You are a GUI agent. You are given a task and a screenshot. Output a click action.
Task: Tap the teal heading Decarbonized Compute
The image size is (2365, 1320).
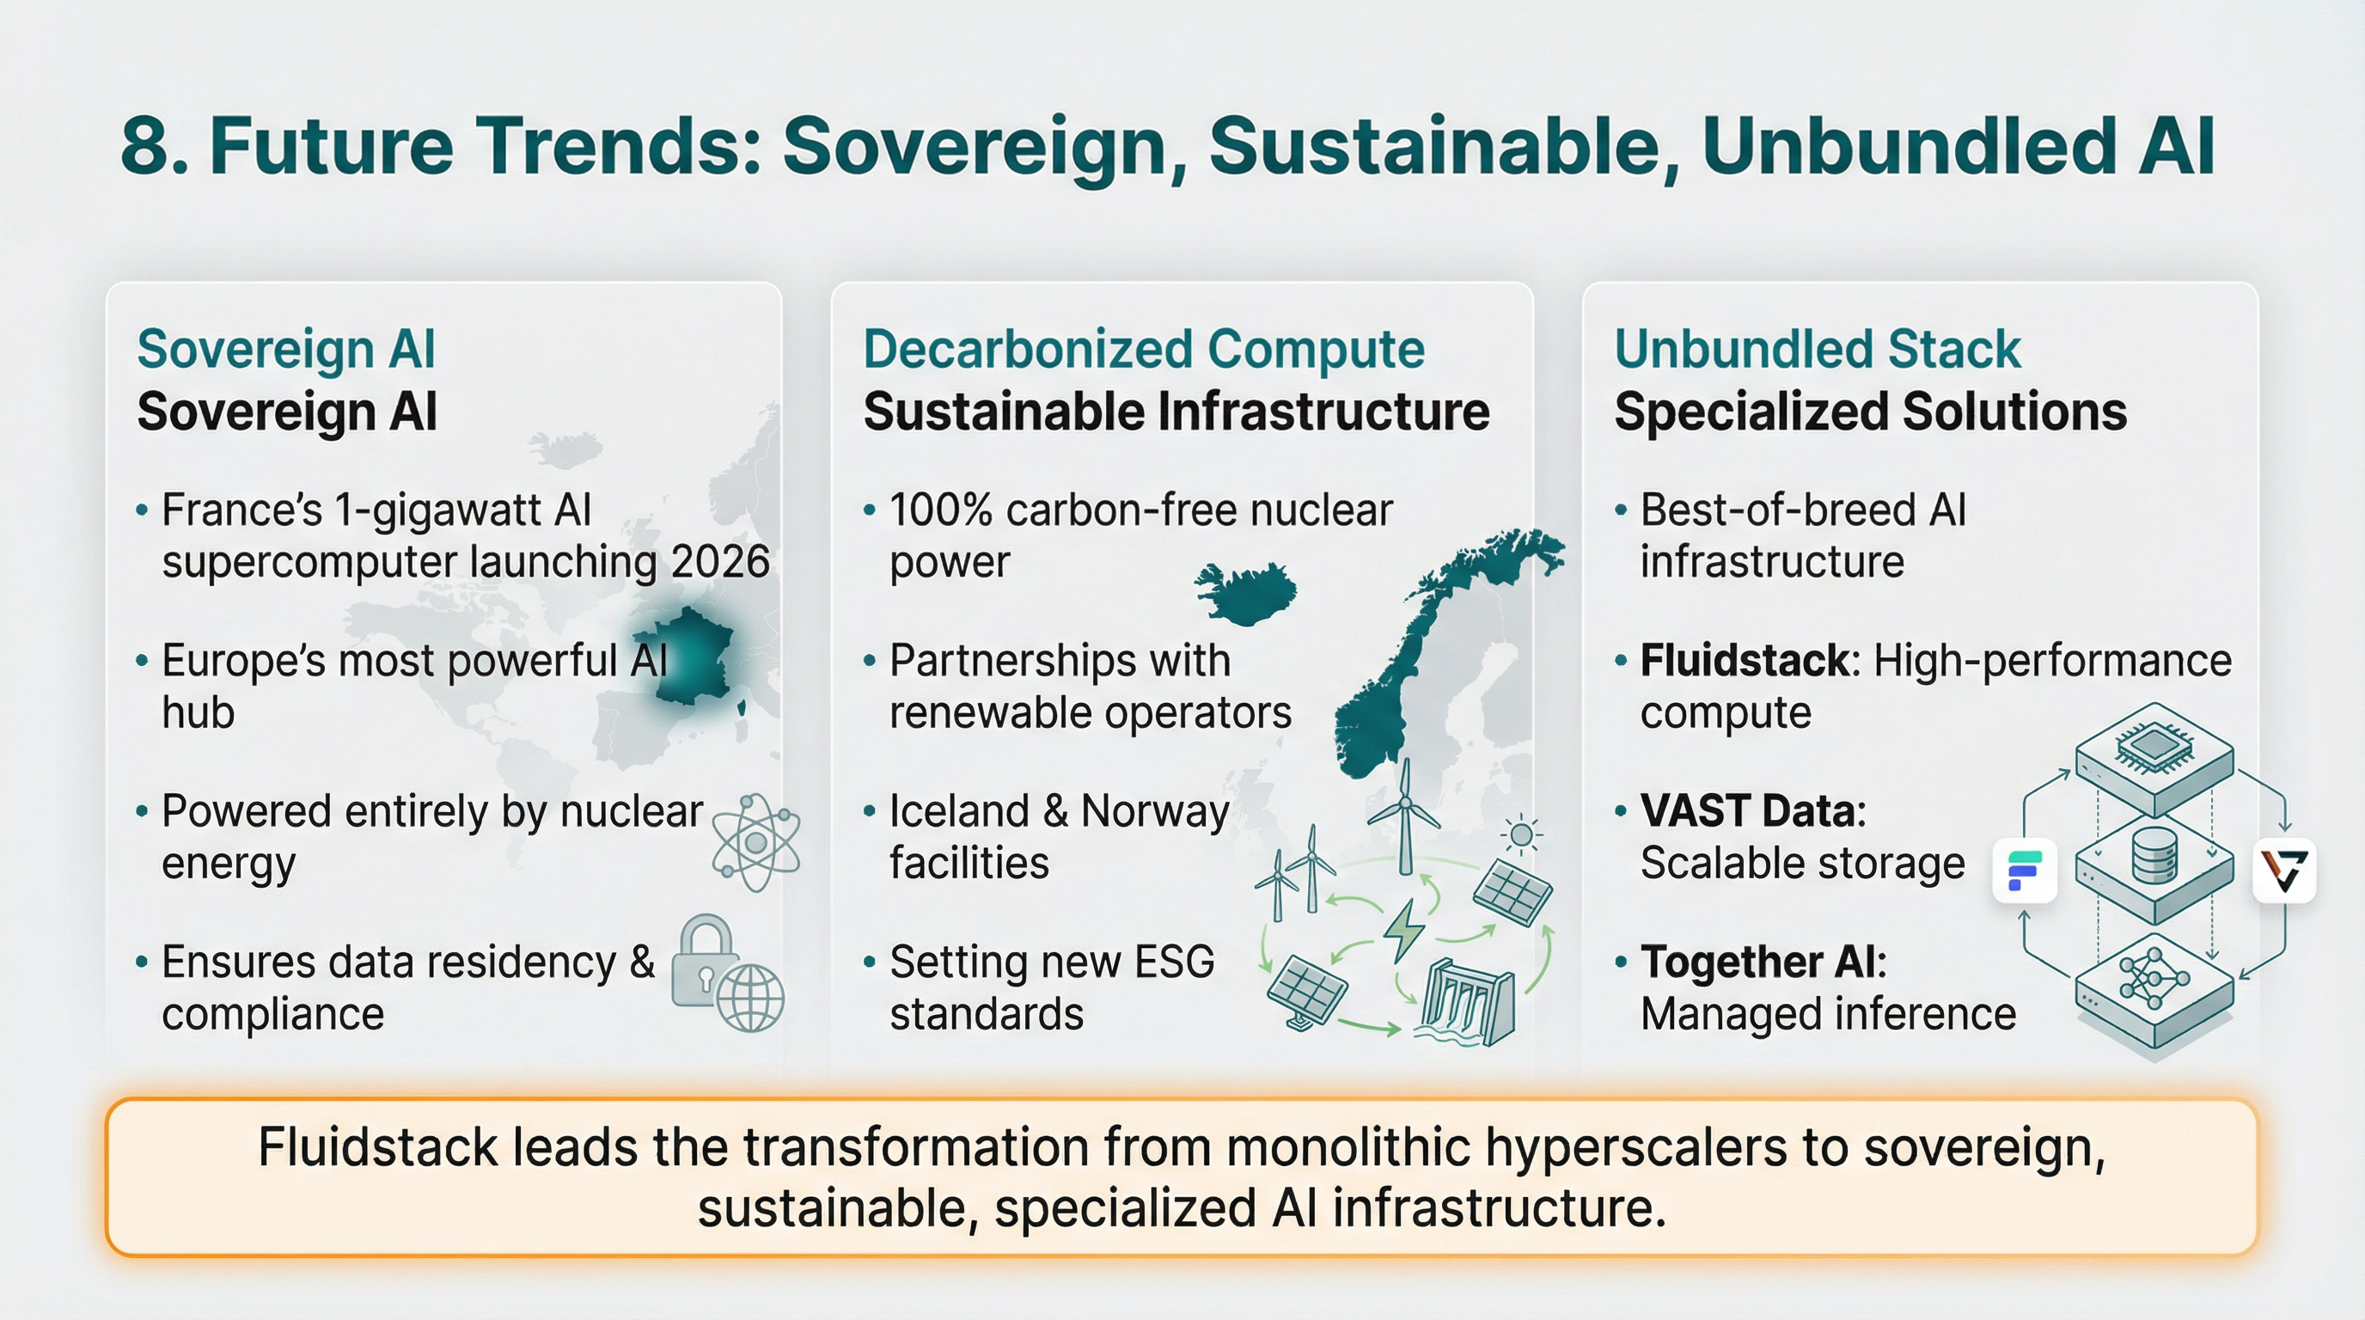pyautogui.click(x=1143, y=349)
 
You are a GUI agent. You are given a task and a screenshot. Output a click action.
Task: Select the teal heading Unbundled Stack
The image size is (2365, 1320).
pyautogui.click(x=1817, y=349)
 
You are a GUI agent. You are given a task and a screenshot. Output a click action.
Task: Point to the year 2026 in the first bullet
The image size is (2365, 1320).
pyautogui.click(x=720, y=561)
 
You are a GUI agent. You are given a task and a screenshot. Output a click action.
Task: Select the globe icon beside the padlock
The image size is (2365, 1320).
pyautogui.click(x=750, y=998)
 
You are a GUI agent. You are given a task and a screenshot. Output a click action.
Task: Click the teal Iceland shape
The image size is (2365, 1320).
pyautogui.click(x=1246, y=593)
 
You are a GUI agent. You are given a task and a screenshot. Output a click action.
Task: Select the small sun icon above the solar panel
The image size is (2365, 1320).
pyautogui.click(x=1521, y=835)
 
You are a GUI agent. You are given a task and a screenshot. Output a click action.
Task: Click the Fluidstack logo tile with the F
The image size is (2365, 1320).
pyautogui.click(x=2025, y=871)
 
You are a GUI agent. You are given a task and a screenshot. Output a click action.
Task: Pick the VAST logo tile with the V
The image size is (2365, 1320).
pyautogui.click(x=2284, y=871)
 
